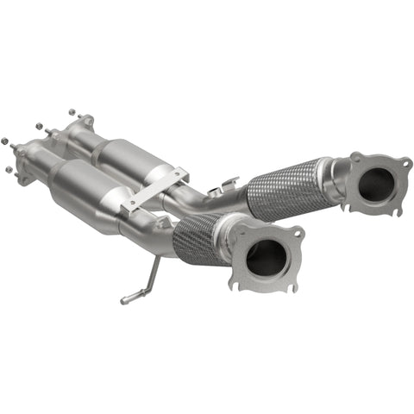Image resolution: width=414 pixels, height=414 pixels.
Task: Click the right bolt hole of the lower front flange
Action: tap(298, 232)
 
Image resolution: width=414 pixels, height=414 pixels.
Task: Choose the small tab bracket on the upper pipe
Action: tap(229, 184)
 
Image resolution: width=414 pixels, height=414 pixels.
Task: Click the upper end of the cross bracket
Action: tap(179, 172)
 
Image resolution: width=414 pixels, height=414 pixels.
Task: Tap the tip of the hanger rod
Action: tap(124, 300)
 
